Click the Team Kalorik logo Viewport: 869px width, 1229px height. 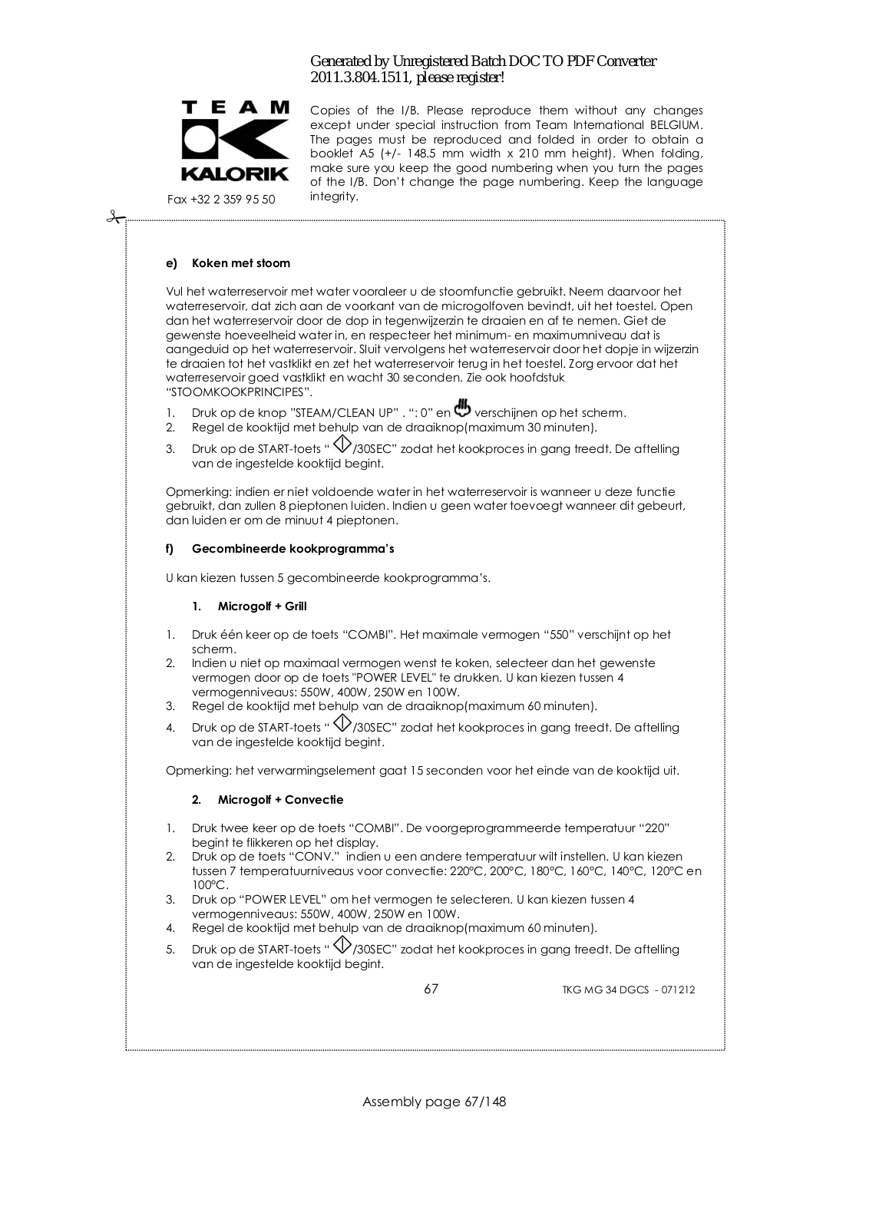coord(235,141)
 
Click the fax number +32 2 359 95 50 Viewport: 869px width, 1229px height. coord(221,200)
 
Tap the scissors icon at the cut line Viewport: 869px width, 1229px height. coord(115,218)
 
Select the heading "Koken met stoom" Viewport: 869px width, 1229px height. coord(241,263)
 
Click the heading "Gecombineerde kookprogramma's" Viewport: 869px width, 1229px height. coord(293,549)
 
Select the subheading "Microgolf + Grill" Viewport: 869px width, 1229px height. coord(262,606)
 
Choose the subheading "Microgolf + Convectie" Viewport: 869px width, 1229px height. coord(280,800)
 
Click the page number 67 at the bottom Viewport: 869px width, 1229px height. coord(431,989)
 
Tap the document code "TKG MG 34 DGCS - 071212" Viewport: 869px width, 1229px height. coord(628,990)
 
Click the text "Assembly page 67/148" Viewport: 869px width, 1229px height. coord(434,1102)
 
